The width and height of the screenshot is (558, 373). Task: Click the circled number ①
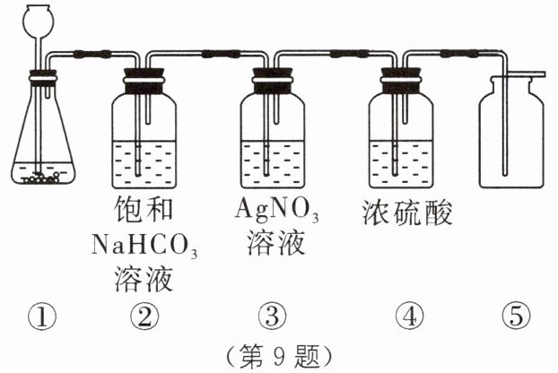point(42,315)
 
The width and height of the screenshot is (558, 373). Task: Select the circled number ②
point(144,315)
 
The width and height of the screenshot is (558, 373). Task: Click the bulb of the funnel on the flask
point(38,18)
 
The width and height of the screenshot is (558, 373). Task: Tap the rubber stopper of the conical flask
point(39,77)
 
